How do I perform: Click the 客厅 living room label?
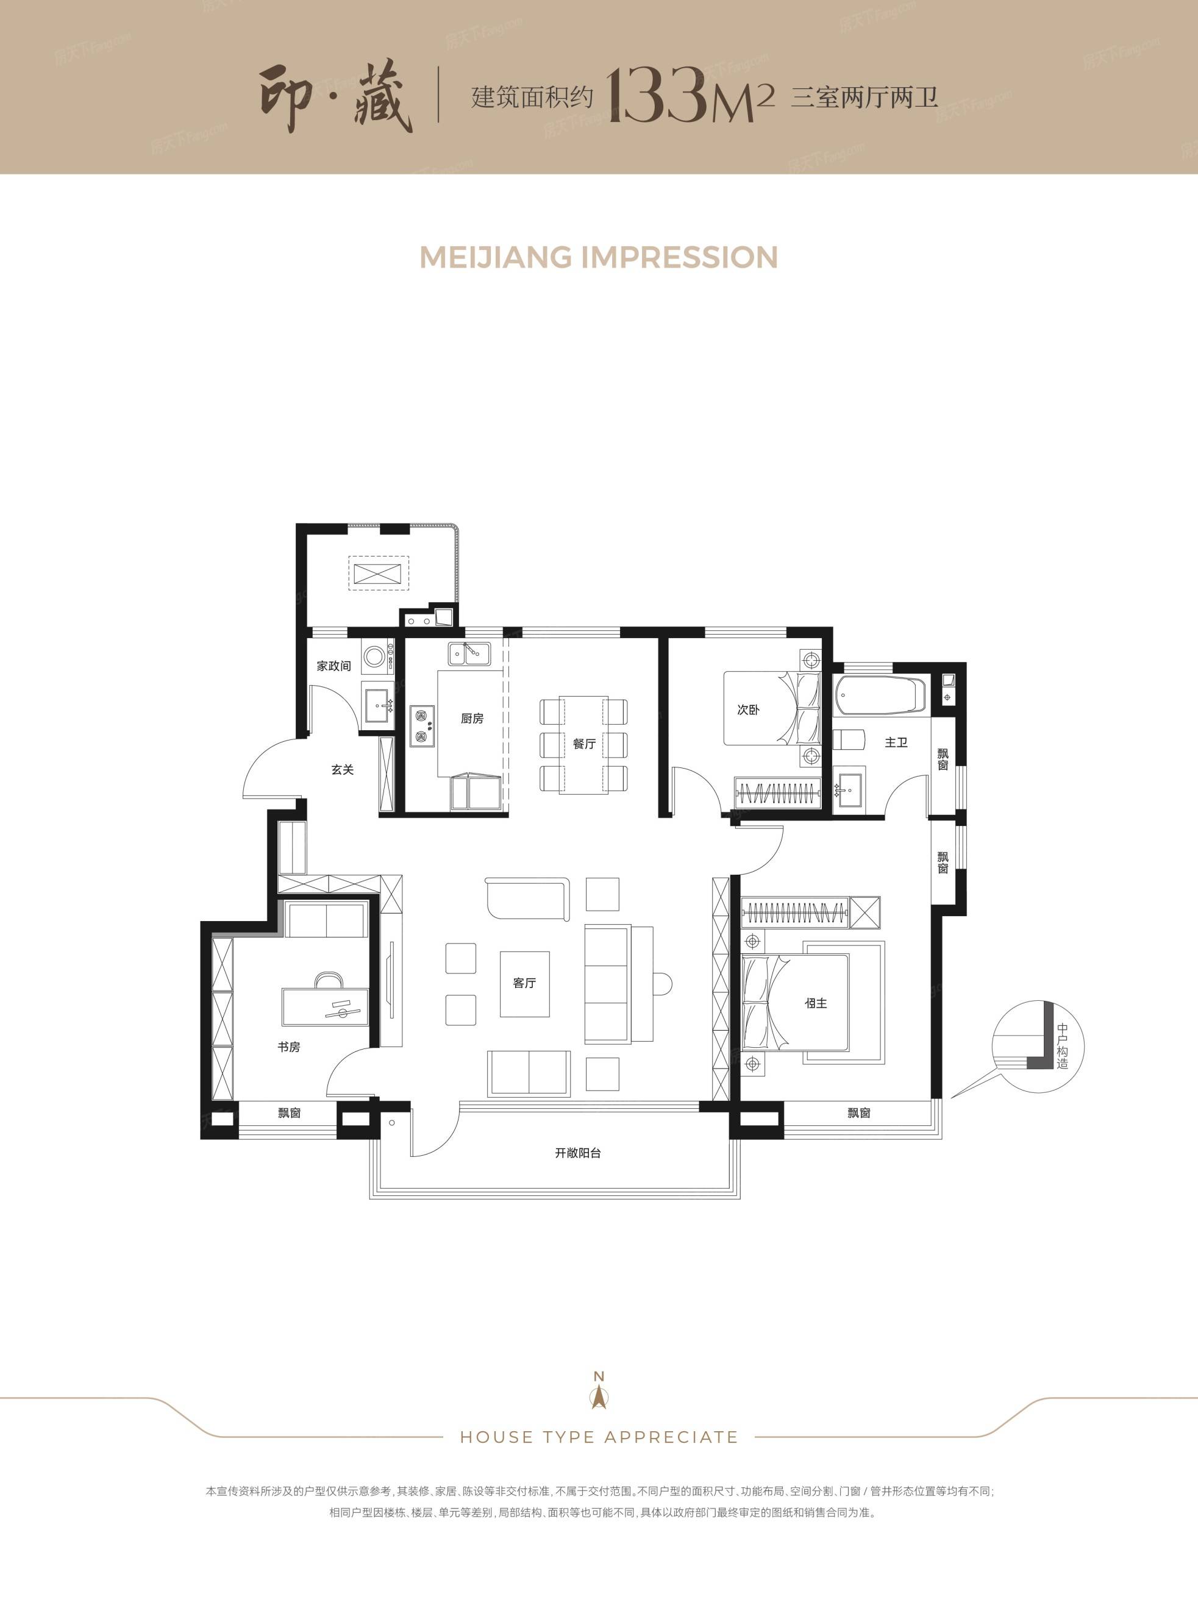click(524, 983)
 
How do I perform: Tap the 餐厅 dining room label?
click(584, 744)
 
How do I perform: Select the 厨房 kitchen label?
click(472, 719)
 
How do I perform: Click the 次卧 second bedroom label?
click(748, 710)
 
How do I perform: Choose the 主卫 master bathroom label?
click(896, 742)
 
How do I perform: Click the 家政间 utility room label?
click(333, 666)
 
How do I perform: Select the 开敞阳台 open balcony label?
click(578, 1153)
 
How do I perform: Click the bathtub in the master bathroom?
click(880, 694)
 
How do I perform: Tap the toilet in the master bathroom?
click(849, 741)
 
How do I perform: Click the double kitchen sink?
click(469, 653)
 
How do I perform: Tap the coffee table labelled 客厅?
click(525, 983)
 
